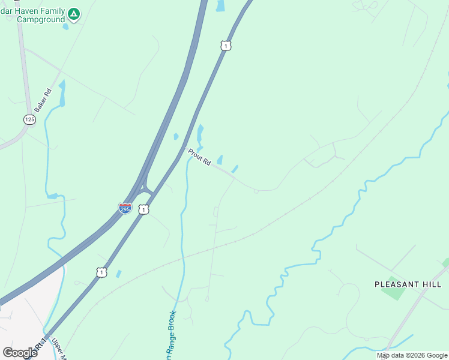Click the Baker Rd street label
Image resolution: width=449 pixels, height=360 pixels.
pos(43,100)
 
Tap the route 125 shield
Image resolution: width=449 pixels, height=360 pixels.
pos(29,120)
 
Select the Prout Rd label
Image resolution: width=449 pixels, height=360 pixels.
pos(199,157)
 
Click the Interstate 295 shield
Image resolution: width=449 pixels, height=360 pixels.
pos(125,208)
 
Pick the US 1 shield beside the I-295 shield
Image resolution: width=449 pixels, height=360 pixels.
pos(143,209)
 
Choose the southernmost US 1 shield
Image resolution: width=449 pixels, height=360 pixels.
pos(101,272)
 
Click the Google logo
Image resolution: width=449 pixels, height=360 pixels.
pos(20,352)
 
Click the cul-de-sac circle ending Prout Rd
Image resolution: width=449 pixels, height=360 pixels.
pos(256,191)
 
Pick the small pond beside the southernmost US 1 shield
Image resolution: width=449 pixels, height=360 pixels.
pos(118,274)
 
